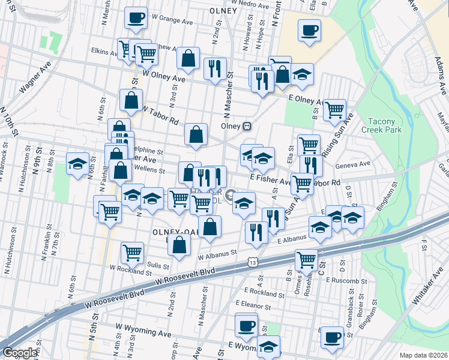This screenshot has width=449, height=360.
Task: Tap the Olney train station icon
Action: point(247,127)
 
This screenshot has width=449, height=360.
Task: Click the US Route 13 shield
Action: point(253,263)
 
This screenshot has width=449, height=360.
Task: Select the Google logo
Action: point(20,352)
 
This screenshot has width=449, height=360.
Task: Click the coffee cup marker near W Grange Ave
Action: point(136,17)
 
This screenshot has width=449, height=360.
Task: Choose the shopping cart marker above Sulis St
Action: point(132,252)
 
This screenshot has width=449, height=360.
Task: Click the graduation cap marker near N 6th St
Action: point(77,164)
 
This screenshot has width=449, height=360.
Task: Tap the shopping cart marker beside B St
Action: point(334,110)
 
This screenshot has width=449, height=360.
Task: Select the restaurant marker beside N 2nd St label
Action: point(214,68)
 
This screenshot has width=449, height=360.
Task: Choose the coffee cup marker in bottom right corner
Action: point(331,337)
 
